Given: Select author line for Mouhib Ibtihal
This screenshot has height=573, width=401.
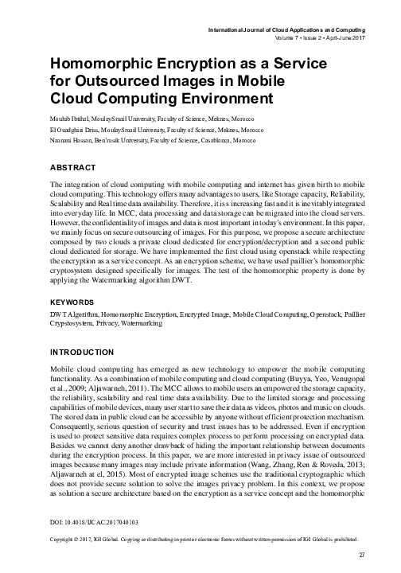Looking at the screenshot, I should click(x=142, y=118).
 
